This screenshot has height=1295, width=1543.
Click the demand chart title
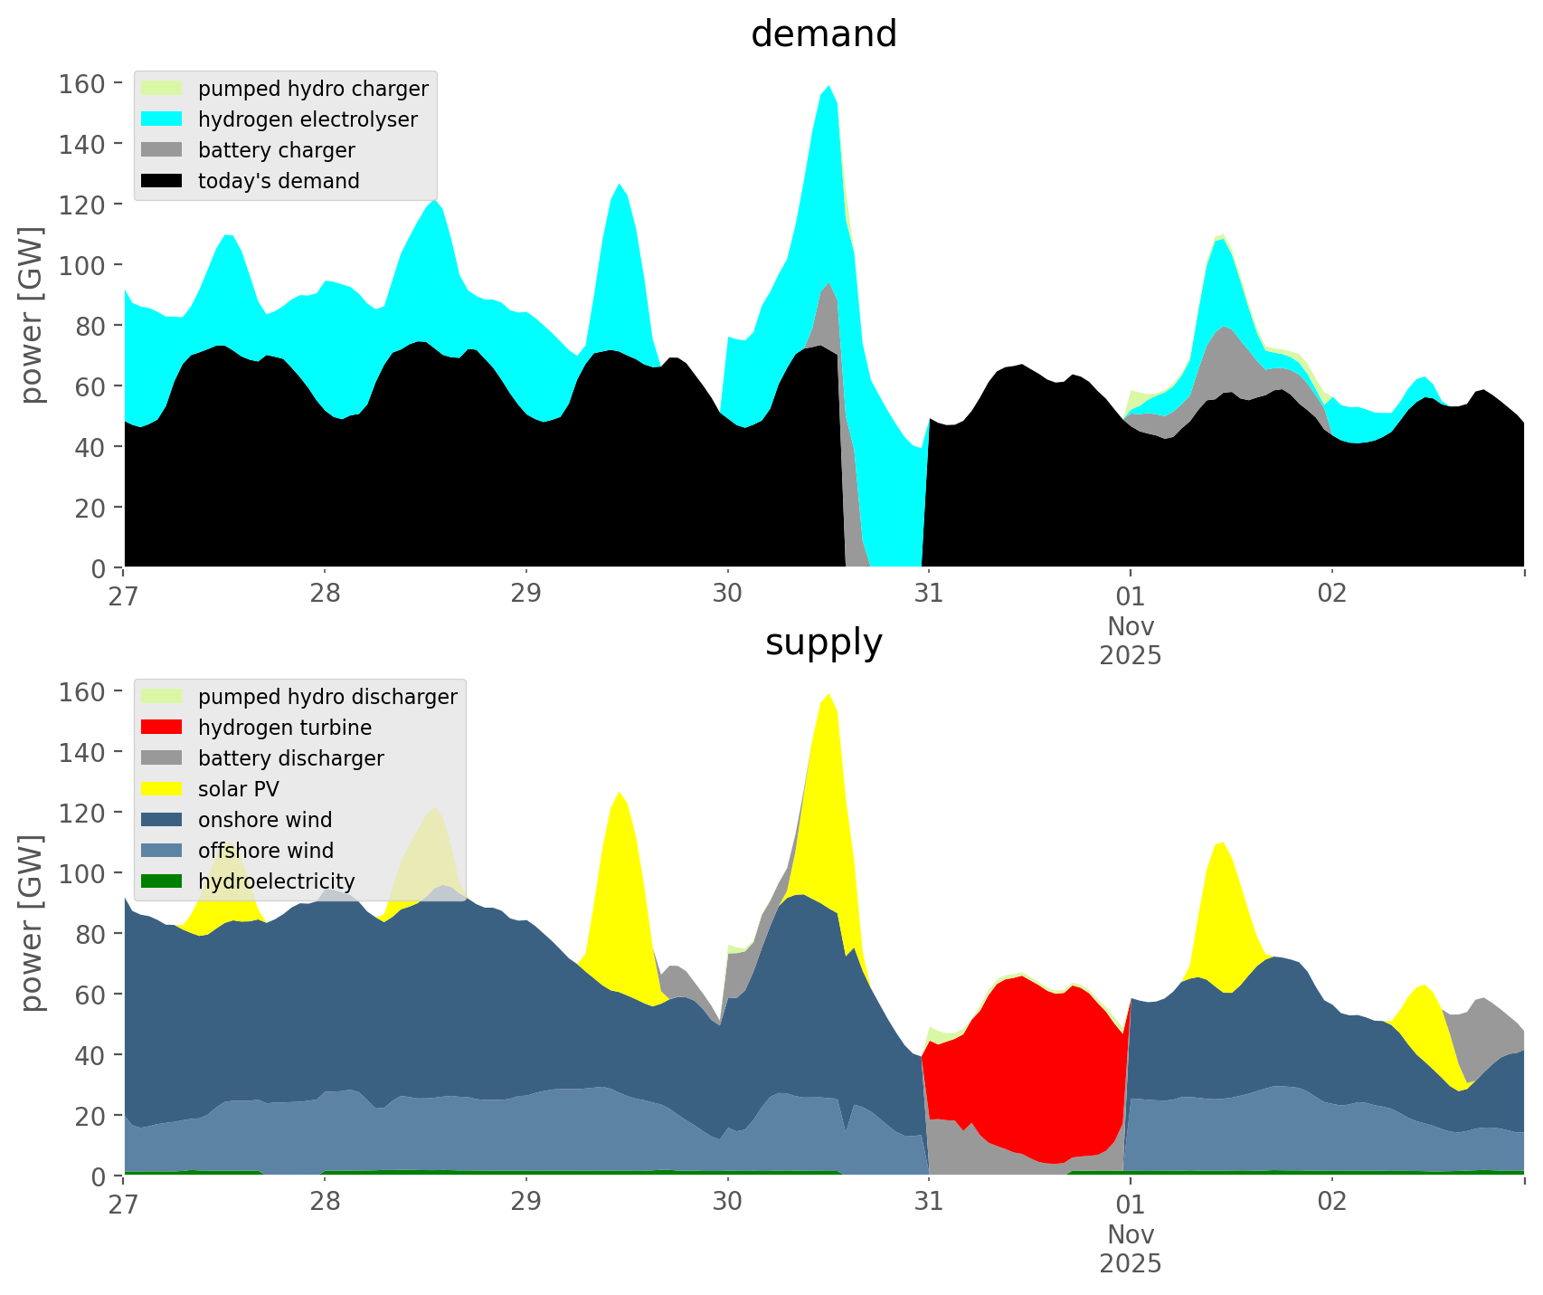[x=823, y=34]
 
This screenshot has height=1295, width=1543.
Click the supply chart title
[x=823, y=643]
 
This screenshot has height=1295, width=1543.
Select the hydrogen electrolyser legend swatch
[x=162, y=119]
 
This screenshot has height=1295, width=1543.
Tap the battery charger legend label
[x=276, y=150]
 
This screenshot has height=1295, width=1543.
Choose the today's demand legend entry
[x=279, y=181]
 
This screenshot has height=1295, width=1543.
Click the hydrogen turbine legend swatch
[x=162, y=728]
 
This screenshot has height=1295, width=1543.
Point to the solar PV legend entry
[x=238, y=789]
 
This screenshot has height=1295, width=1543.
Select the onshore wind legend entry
[x=264, y=820]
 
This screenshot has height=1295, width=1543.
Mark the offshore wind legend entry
[x=265, y=851]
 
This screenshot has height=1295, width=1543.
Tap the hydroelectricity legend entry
[x=276, y=881]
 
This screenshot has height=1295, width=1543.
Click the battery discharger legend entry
[x=290, y=758]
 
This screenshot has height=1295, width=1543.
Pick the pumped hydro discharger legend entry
[x=327, y=697]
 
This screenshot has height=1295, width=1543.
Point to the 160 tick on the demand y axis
[x=82, y=84]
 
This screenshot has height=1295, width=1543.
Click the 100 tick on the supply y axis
[x=82, y=873]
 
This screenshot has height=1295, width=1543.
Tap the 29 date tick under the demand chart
[x=525, y=595]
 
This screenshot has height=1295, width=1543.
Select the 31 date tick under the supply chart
[x=928, y=1203]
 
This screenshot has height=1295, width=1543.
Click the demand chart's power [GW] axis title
[x=32, y=314]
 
